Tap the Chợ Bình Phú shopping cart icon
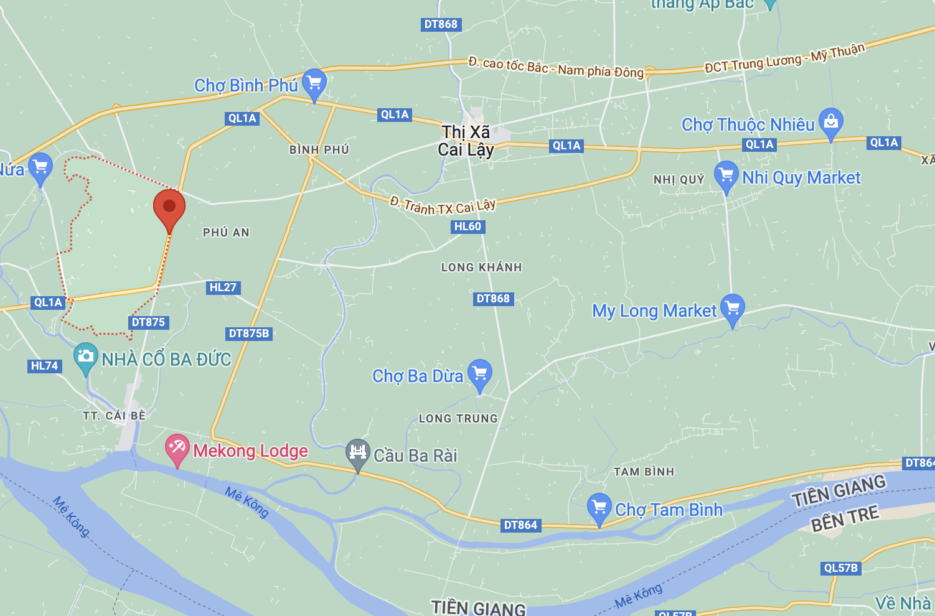[314, 82]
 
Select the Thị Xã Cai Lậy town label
[466, 141]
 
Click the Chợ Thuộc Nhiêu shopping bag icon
[830, 121]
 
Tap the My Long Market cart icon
[733, 307]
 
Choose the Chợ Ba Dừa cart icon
[480, 373]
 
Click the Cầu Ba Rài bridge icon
[358, 452]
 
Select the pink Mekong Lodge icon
[177, 447]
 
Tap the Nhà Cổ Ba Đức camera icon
[85, 357]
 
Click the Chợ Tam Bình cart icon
[599, 507]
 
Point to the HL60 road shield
[468, 226]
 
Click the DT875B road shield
[249, 334]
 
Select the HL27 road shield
[223, 287]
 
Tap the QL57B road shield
[840, 568]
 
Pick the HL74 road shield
[45, 366]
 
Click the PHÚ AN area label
[226, 233]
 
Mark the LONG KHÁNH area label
[481, 268]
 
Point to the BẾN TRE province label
[845, 518]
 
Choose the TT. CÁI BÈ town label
[114, 416]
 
